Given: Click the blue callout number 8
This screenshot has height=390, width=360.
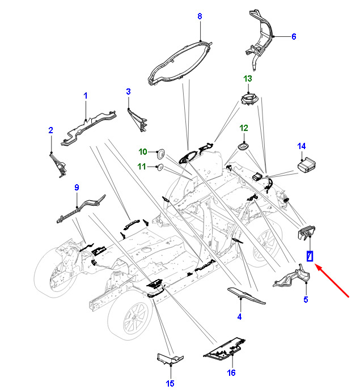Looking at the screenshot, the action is (200, 16).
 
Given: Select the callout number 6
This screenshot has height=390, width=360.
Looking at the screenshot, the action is (294, 36).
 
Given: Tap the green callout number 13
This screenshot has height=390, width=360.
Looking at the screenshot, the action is (248, 79).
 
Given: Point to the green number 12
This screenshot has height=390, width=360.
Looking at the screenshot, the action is (244, 128).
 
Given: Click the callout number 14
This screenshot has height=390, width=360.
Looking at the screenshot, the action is (302, 146).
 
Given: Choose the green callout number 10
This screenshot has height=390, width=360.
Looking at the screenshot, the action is (143, 152).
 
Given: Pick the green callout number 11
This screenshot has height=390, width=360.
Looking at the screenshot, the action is (142, 167).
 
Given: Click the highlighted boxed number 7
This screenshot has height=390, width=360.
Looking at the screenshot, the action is (310, 256).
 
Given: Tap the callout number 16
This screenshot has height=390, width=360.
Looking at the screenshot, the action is (231, 372).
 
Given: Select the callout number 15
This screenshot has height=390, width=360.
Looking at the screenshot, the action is (170, 383).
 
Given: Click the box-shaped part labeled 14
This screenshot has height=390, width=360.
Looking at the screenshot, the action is (307, 164).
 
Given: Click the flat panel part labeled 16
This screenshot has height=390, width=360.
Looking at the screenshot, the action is (224, 349).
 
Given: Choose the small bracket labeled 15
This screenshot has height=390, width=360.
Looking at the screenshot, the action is (170, 358).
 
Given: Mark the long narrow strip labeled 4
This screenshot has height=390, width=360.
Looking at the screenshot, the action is (246, 295).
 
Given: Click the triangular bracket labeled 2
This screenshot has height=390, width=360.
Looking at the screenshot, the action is (58, 165).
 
